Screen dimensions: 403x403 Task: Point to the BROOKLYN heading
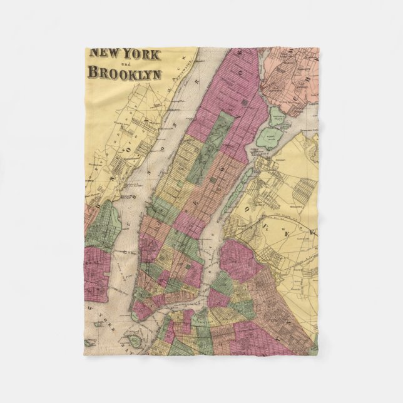tap(125, 73)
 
